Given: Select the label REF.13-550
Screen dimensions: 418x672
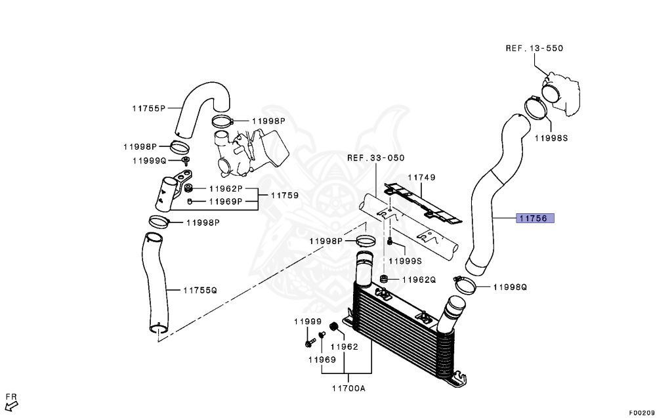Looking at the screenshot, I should tap(534, 49).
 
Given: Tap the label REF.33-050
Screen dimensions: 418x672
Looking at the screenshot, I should tap(376, 158).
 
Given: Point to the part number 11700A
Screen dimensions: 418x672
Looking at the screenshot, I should tap(348, 388).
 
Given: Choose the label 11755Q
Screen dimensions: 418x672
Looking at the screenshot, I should tap(199, 289).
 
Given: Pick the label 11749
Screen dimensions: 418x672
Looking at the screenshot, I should tap(422, 177).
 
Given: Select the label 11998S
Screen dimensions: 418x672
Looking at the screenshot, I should tap(550, 138).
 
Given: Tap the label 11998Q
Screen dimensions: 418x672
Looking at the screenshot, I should tap(510, 287).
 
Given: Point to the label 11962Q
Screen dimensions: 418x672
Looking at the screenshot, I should tap(419, 280).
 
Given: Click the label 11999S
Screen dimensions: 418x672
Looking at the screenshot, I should tap(406, 261).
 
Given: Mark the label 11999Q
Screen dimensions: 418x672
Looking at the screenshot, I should tap(150, 160).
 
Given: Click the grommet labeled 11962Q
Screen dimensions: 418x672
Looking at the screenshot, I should tap(385, 280).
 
